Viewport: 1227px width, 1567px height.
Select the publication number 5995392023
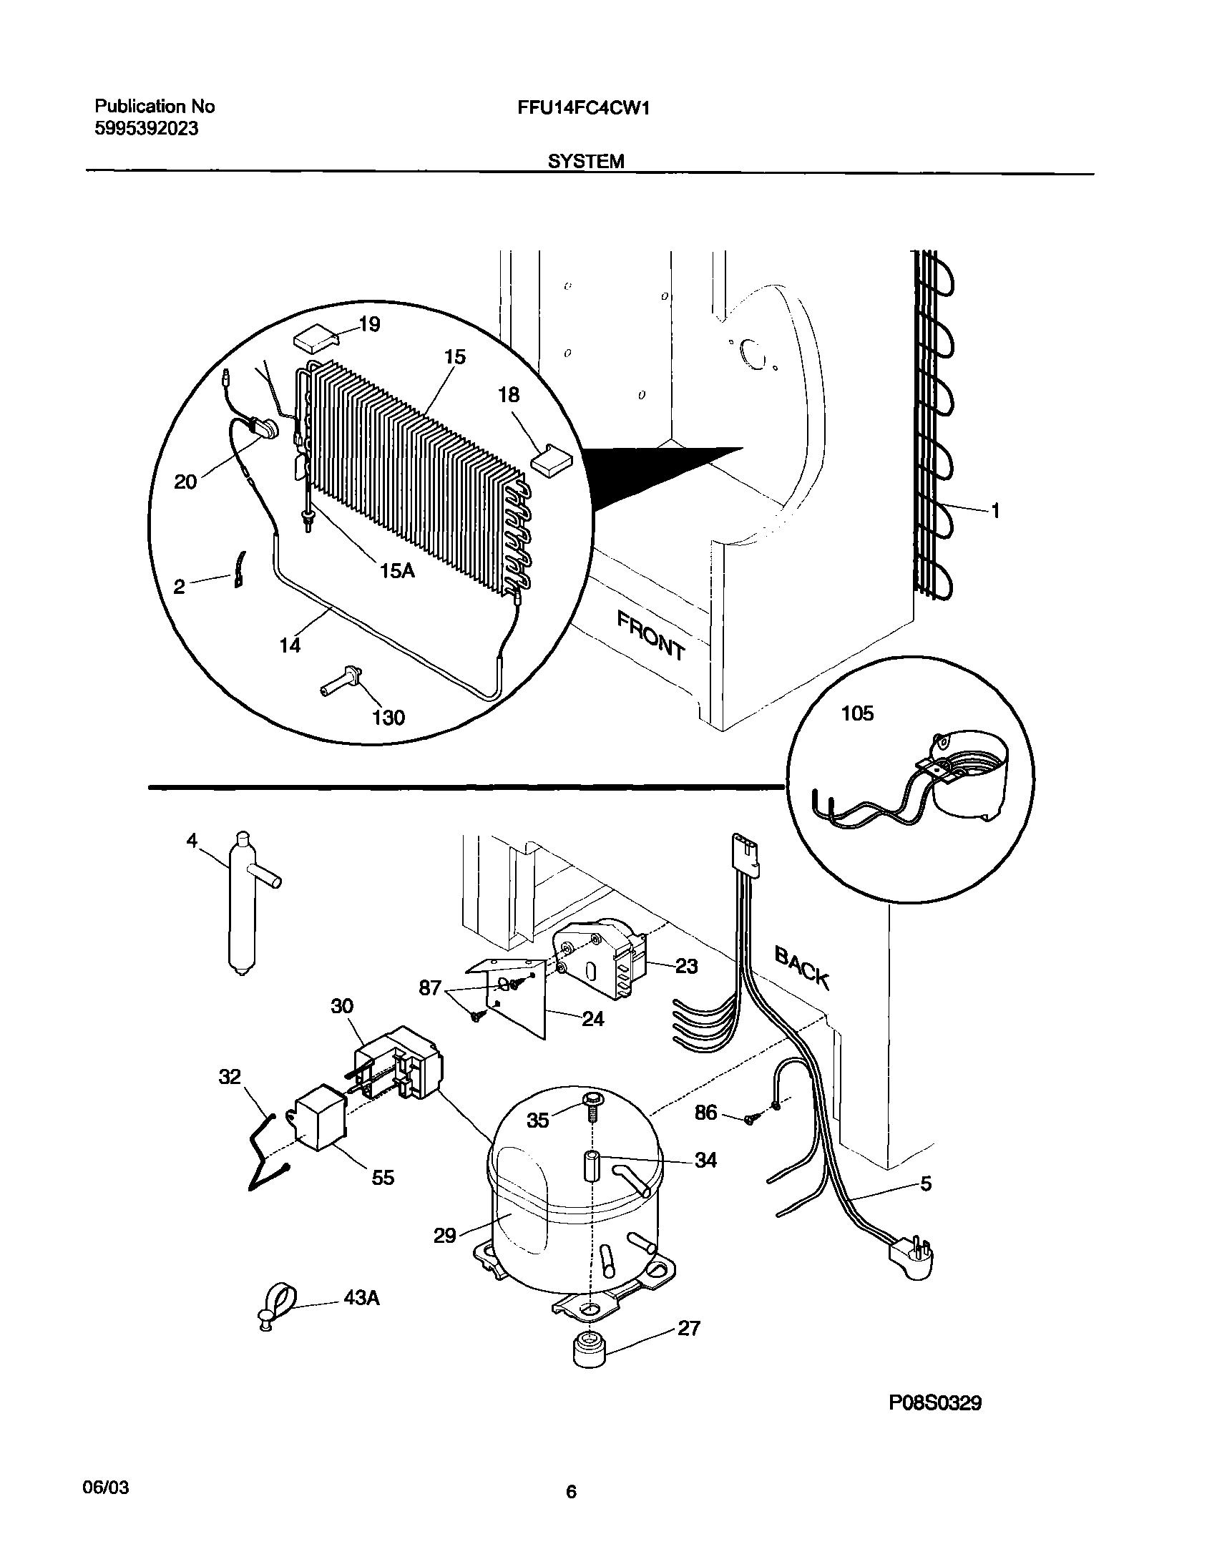tap(147, 130)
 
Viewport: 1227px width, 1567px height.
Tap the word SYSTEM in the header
tap(585, 162)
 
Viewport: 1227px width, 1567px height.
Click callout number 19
tap(369, 324)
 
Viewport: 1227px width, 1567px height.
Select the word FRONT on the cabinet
tap(650, 635)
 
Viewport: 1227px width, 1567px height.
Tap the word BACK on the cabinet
tap(802, 969)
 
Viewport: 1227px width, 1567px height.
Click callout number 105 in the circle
tap(857, 713)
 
